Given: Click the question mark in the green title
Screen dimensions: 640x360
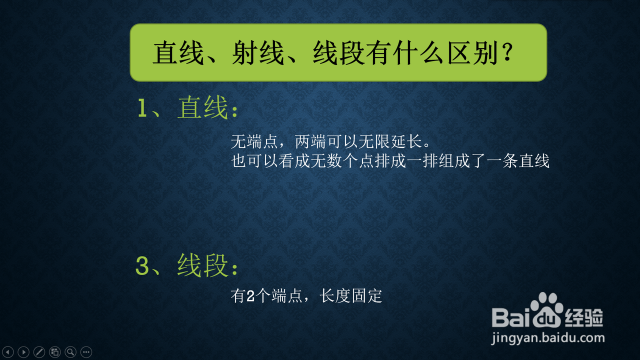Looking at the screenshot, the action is (x=507, y=52).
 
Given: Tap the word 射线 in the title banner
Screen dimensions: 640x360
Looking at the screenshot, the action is (x=258, y=53).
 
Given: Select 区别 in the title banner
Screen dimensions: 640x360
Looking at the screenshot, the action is (x=473, y=53).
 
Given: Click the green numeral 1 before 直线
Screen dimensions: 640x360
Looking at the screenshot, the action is (x=142, y=108).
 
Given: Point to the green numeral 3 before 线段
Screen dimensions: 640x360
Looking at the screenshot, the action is (x=142, y=265).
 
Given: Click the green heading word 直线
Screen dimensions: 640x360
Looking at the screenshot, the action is (x=202, y=107).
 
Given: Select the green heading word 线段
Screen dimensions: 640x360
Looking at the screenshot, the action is (x=202, y=265).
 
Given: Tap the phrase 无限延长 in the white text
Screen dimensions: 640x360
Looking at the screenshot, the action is (x=390, y=141).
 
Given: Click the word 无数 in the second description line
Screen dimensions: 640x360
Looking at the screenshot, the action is (x=326, y=160).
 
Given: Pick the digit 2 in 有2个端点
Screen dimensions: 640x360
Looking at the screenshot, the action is (x=250, y=296).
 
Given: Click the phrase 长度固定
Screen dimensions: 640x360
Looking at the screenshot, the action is (x=350, y=295).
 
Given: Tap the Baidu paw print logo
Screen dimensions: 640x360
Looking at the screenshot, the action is (x=546, y=310).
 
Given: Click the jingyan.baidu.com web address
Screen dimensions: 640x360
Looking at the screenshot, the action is (x=547, y=338).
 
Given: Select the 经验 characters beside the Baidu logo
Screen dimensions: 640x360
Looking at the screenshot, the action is (x=584, y=317).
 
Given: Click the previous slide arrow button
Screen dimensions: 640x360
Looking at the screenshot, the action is (x=8, y=352).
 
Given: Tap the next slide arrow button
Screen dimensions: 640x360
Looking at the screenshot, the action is (x=23, y=352).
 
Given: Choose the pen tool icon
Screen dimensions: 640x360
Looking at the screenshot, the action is (x=39, y=352).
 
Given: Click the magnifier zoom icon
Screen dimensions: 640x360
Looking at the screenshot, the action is (x=70, y=352).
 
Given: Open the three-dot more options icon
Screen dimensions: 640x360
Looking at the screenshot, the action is (x=86, y=352).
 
